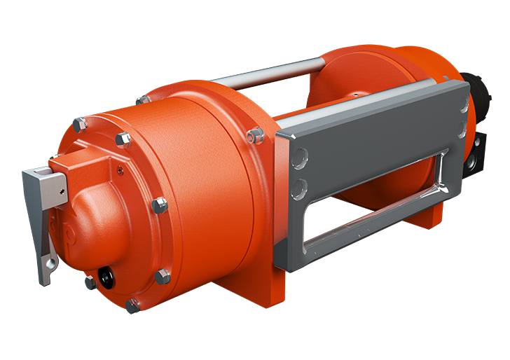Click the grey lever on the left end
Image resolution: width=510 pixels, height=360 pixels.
(40, 210)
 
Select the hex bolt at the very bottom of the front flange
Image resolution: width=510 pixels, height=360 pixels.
(132, 305)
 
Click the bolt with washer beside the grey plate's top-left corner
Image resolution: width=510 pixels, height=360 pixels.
(256, 134)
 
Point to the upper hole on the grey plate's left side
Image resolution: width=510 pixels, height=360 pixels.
(299, 158)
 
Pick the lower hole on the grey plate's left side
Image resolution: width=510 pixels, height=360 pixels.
(300, 188)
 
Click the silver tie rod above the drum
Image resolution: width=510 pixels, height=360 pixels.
(273, 74)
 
